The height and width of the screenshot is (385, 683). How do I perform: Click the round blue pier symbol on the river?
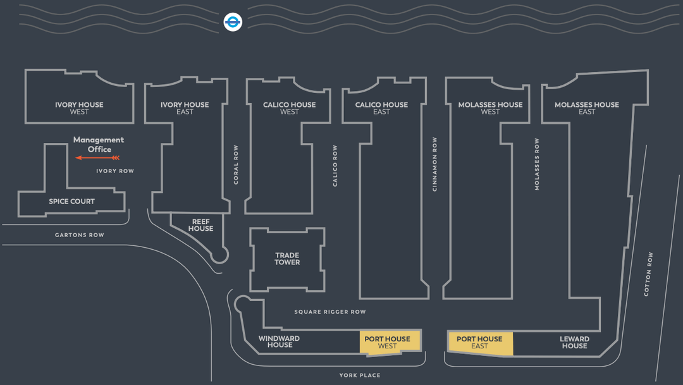tap(233, 22)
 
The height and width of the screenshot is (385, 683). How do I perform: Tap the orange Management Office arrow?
tap(97, 157)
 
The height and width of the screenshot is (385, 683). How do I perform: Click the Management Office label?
tap(99, 144)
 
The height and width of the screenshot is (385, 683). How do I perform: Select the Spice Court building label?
tap(71, 202)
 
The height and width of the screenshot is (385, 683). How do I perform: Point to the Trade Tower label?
tap(287, 259)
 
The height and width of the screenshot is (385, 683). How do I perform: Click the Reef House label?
tap(200, 225)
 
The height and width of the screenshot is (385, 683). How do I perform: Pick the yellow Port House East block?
tap(480, 343)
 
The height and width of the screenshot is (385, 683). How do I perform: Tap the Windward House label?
tap(280, 342)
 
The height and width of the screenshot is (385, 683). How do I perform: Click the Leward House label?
tap(574, 343)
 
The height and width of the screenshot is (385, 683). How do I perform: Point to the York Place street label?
tap(360, 376)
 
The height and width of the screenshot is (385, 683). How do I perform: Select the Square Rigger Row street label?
tap(330, 312)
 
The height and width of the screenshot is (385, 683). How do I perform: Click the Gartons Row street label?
tap(80, 235)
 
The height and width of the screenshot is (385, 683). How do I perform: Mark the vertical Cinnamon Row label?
tap(435, 164)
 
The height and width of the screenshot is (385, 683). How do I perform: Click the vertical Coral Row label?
tap(237, 164)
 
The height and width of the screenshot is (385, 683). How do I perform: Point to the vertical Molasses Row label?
tap(537, 164)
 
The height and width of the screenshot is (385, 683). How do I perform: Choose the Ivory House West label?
tap(79, 108)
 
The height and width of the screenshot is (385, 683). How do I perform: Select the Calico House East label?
tap(381, 108)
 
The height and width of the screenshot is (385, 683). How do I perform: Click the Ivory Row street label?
tap(115, 171)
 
